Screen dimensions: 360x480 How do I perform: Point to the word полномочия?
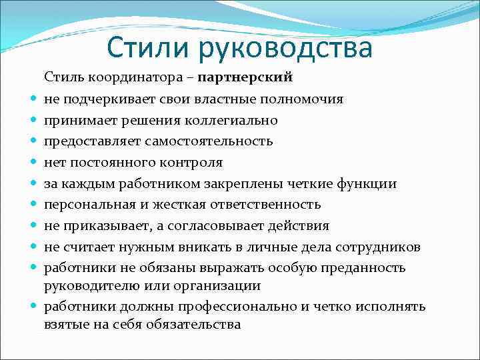pyautogui.click(x=305, y=99)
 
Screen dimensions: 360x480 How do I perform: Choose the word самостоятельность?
pyautogui.click(x=211, y=141)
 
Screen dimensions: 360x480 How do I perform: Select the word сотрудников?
pyautogui.click(x=379, y=247)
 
